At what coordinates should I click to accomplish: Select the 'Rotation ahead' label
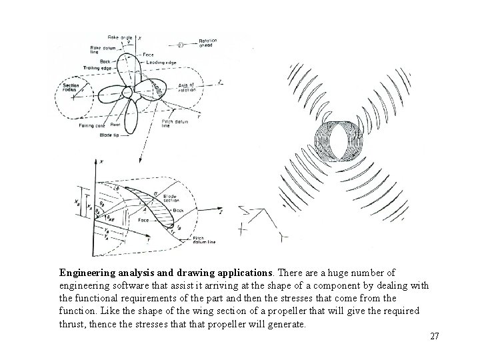tap(209, 44)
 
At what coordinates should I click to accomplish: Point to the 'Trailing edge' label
tap(99, 68)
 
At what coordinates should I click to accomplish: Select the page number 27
tap(434, 336)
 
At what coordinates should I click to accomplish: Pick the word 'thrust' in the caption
tap(74, 324)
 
